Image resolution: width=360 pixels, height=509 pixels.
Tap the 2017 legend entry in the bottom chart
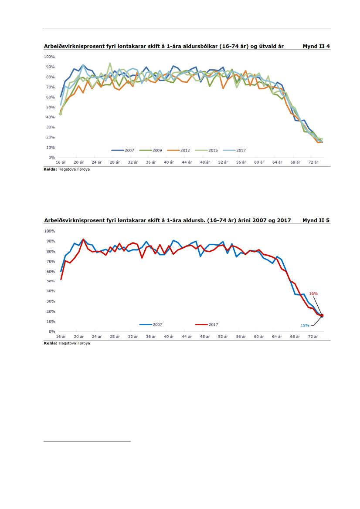(213, 324)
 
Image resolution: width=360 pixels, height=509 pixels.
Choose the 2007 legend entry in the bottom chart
(157, 324)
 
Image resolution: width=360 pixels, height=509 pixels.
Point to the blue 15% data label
(305, 325)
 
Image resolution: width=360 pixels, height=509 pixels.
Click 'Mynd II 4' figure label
(316, 46)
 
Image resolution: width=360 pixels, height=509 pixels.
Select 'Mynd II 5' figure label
(316, 220)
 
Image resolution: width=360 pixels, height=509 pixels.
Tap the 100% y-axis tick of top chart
(49, 57)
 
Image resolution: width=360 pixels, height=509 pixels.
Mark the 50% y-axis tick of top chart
(50, 107)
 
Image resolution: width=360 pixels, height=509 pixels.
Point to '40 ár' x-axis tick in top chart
(169, 162)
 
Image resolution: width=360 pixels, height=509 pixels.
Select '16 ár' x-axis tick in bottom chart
(61, 337)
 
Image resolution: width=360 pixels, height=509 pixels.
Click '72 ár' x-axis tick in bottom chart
(312, 337)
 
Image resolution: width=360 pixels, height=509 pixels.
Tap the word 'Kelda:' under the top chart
(51, 169)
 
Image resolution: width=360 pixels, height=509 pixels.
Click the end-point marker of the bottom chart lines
(322, 316)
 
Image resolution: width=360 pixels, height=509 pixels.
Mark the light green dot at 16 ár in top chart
(60, 114)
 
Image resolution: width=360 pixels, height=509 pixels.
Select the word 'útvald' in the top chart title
(260, 46)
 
